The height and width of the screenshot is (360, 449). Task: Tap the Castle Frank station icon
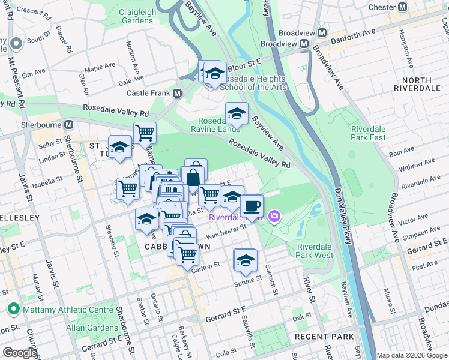coord(177,94)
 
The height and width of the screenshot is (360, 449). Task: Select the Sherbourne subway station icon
coord(69,125)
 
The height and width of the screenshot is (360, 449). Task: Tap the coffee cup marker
coord(252,206)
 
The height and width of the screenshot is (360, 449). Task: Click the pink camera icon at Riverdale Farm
coord(274,216)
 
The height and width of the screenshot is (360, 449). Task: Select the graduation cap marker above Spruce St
coord(245,260)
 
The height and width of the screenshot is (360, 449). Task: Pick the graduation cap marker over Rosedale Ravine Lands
coord(237,113)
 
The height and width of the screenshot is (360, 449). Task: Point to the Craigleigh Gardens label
coord(137,16)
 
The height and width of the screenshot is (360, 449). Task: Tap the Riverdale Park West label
coord(315,251)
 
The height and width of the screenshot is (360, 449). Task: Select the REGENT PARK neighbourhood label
coord(329,337)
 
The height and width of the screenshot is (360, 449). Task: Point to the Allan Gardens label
coord(92,328)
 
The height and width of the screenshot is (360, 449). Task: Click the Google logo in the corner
coord(20,353)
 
